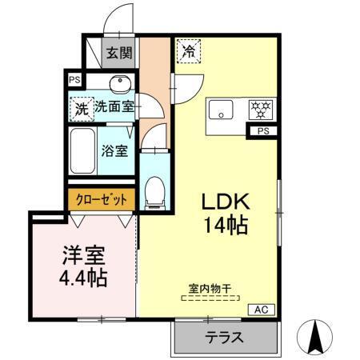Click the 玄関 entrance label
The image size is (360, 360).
click(120, 54)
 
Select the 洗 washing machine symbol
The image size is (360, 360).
click(82, 110)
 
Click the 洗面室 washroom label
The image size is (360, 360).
click(114, 106)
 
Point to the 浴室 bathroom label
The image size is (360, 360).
click(114, 150)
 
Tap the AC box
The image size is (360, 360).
click(262, 309)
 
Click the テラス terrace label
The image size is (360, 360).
click(224, 338)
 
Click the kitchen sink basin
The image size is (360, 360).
click(219, 109)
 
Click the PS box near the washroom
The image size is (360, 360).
click(74, 79)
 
